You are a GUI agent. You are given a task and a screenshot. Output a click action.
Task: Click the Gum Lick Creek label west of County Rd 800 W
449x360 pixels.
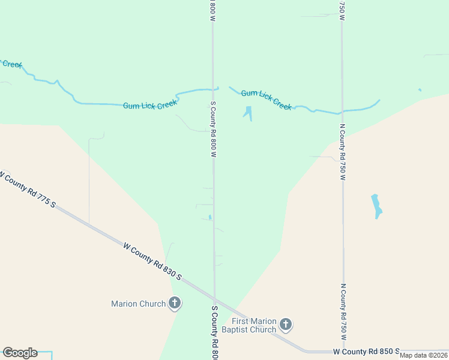[150, 104]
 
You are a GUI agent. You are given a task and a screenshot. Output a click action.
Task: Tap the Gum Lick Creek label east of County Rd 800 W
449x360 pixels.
[266, 99]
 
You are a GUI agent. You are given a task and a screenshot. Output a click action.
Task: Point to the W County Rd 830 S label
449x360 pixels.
[152, 262]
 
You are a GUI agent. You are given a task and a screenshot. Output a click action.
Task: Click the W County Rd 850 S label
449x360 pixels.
[366, 350]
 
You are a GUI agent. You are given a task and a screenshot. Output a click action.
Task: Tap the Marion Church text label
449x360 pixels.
[138, 304]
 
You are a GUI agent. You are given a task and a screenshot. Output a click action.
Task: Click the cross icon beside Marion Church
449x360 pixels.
[175, 303]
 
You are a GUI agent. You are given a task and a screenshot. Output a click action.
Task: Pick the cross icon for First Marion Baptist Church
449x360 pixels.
[286, 325]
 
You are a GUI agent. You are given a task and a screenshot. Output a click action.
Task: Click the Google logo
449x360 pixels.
[20, 353]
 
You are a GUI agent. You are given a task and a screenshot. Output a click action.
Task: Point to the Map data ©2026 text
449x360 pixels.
[424, 355]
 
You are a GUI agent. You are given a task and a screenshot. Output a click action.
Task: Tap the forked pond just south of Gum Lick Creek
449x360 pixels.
[247, 113]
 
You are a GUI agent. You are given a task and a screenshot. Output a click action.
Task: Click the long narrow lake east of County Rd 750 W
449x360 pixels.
[376, 206]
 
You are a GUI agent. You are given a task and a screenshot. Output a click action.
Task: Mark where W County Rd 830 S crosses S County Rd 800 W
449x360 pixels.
[214, 298]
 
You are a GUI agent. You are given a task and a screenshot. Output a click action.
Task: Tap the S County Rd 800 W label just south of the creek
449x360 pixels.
[212, 129]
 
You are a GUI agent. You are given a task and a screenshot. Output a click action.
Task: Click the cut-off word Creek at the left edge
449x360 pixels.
[11, 64]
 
